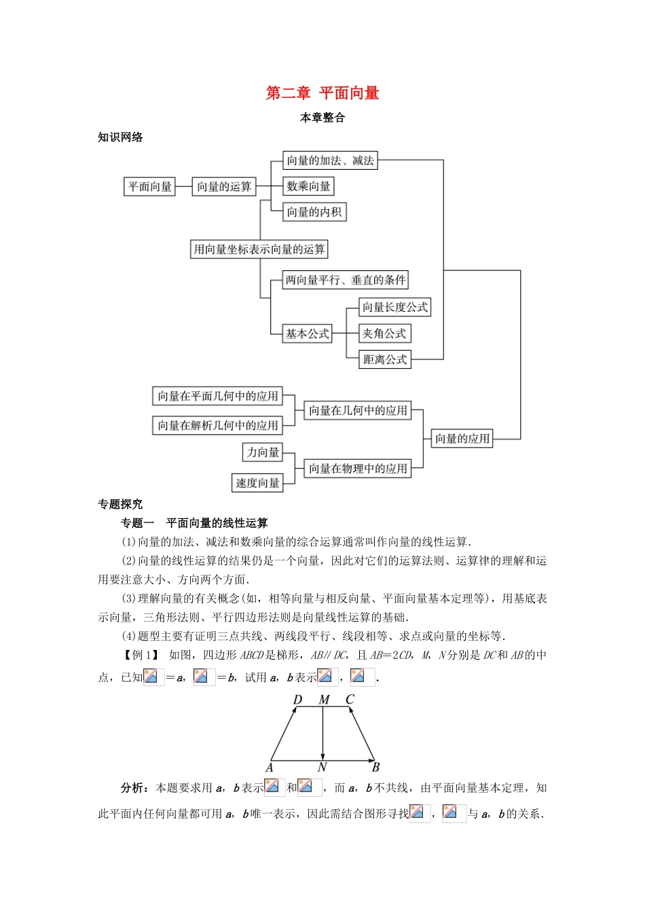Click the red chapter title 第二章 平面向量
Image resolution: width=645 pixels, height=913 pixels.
coord(322,93)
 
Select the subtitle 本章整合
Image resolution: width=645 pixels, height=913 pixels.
coord(322,118)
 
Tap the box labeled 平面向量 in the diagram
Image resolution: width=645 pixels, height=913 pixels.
coord(149,186)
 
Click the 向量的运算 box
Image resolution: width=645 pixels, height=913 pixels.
coord(224,186)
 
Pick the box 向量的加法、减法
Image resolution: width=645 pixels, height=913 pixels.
coord(330,160)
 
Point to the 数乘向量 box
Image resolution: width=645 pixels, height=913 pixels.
coord(308,186)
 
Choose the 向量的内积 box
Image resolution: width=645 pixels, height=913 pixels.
coord(314,212)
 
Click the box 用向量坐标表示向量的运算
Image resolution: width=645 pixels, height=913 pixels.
coord(259,249)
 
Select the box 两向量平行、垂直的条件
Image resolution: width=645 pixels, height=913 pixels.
coord(346,280)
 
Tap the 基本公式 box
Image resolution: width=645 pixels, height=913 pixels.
coord(308,334)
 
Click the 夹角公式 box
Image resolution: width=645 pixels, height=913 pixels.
coord(384,334)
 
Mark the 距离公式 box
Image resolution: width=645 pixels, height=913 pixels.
coord(385,359)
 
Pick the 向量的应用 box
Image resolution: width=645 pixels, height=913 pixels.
coord(462,439)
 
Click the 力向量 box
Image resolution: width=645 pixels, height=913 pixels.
coord(263,452)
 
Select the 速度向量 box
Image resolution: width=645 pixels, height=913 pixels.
coord(257,483)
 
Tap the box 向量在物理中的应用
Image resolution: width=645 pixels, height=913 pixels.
coord(358,468)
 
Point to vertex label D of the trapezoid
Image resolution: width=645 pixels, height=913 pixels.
coord(297,700)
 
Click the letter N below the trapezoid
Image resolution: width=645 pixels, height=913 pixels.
coord(322,768)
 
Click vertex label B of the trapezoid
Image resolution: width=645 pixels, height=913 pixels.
coord(375,768)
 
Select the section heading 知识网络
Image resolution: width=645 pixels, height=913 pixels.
coord(120,137)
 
